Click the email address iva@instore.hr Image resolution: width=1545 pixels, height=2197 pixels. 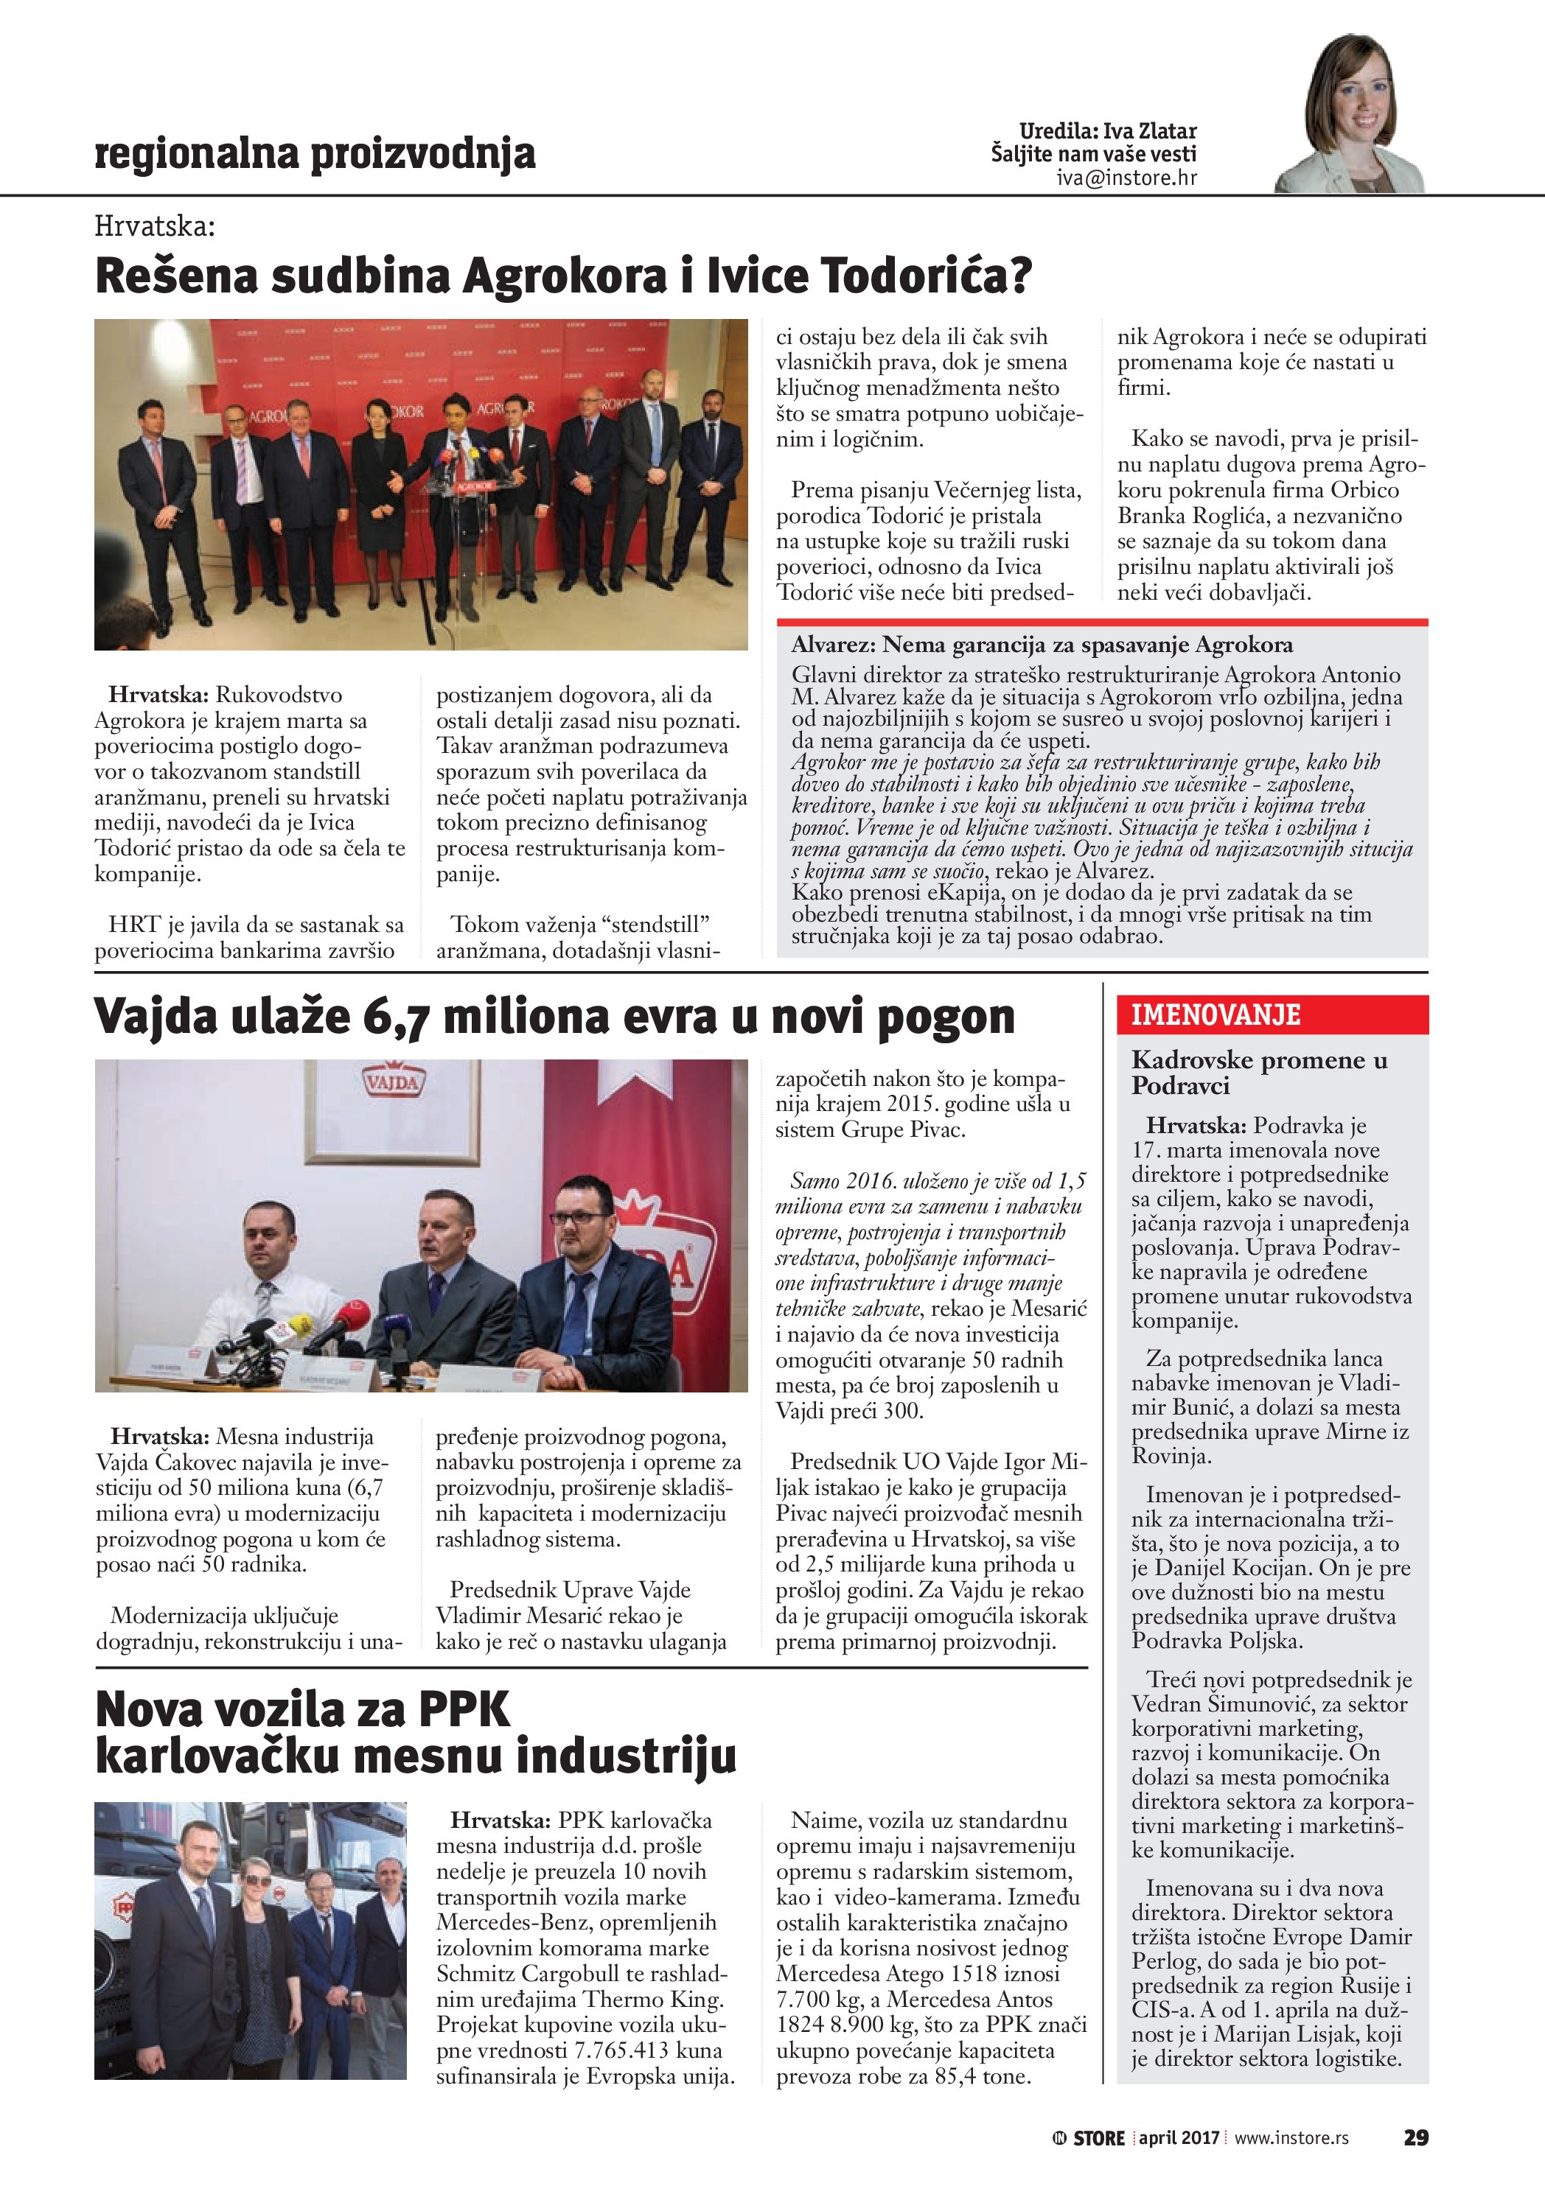(1126, 178)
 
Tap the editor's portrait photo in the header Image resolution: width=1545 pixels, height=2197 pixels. (1350, 115)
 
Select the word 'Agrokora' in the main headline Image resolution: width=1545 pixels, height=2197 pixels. (564, 276)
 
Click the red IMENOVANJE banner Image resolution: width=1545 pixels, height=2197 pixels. (1272, 1015)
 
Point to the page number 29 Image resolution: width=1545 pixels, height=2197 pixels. (1416, 2137)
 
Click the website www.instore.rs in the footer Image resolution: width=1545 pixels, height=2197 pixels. (1291, 2137)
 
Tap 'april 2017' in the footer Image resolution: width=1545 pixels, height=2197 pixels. (1179, 2137)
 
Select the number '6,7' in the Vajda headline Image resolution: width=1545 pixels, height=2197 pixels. (395, 1017)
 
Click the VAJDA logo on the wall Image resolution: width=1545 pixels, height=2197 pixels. (391, 1082)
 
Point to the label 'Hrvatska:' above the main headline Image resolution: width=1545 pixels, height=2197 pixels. (155, 227)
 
